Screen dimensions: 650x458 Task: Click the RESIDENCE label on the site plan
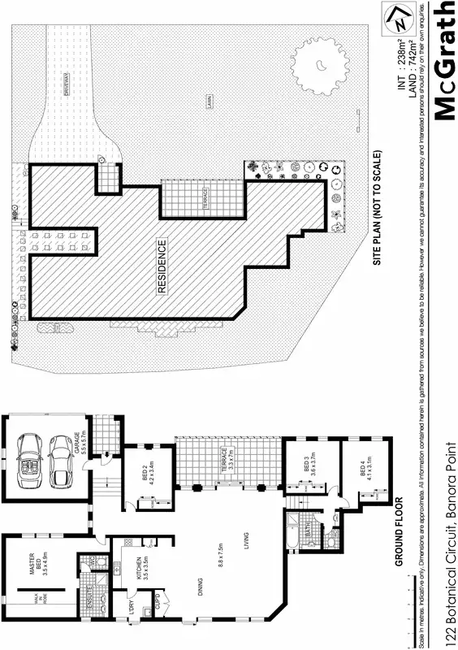tap(162, 266)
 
